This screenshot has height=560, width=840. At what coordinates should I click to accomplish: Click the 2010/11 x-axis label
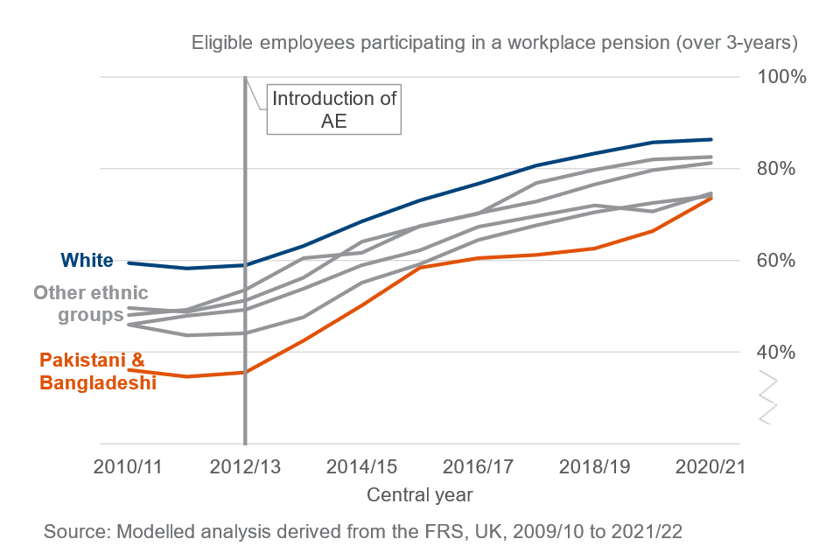(x=128, y=466)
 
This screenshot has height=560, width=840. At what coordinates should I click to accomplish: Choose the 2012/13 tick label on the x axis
(x=244, y=466)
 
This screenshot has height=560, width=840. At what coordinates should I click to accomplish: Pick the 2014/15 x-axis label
(x=361, y=466)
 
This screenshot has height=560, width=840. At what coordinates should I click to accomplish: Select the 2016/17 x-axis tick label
(x=478, y=466)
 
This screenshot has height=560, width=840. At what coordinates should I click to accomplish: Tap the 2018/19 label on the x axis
(x=595, y=466)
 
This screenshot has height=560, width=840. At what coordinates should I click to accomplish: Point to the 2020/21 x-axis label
(x=710, y=466)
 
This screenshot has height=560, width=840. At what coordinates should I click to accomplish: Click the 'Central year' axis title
(x=420, y=495)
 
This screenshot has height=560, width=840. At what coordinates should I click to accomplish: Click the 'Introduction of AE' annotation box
(x=334, y=109)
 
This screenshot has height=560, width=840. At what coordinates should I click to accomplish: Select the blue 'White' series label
(x=87, y=260)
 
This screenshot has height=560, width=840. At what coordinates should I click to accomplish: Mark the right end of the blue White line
(x=711, y=139)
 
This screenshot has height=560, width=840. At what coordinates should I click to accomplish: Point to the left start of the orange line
(x=128, y=370)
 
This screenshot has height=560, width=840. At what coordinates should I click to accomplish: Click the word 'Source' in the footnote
(x=73, y=530)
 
